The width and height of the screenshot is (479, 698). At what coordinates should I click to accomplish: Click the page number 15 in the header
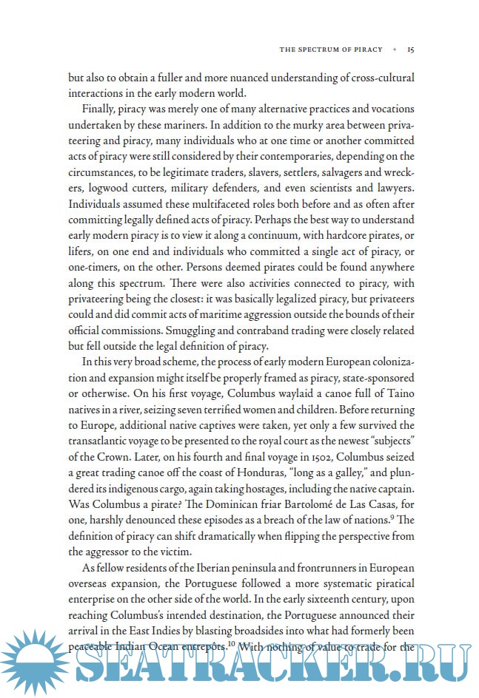coord(410,50)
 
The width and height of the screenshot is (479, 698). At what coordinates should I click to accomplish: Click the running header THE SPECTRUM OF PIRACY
coord(331,50)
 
